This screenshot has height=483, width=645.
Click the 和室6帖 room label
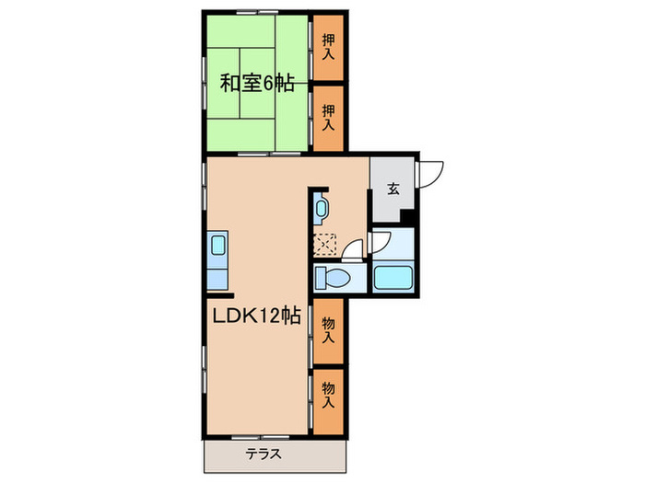tap(257, 84)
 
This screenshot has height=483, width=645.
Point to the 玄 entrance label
tap(393, 189)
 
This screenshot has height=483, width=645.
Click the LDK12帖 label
tap(251, 316)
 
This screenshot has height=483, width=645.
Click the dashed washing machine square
tap(325, 244)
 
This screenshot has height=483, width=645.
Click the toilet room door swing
tap(352, 257)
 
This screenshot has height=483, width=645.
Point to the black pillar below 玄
tap(409, 217)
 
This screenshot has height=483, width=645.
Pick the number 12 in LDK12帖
tap(267, 316)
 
